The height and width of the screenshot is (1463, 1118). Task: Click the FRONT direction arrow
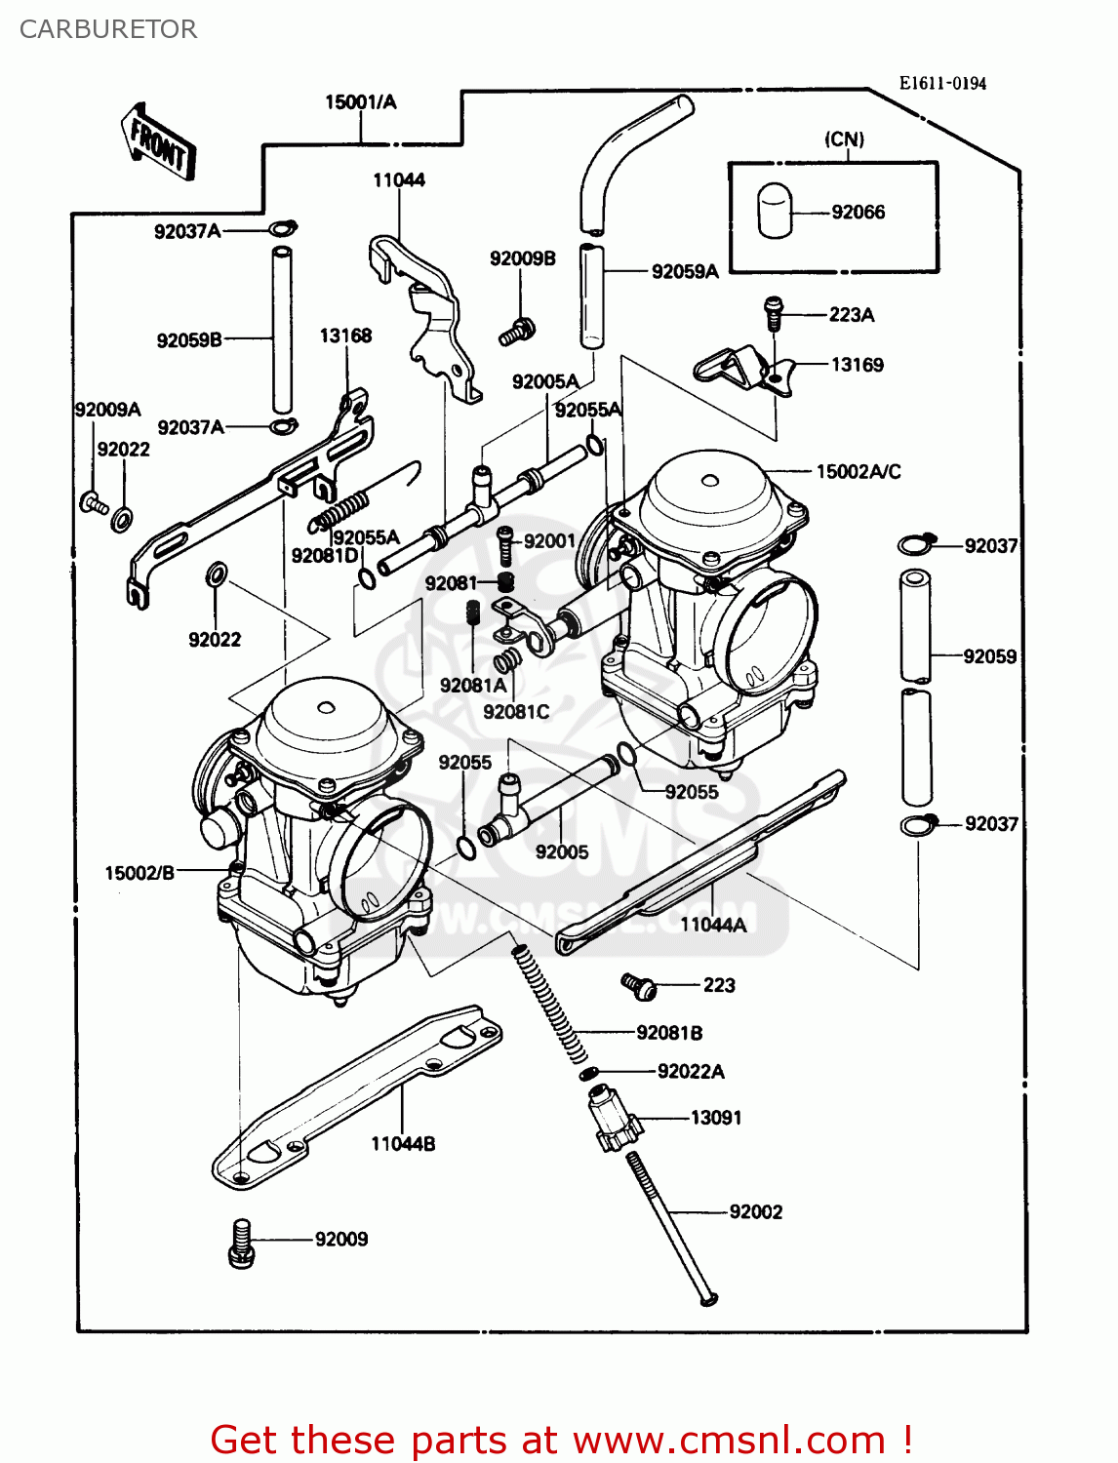tap(159, 143)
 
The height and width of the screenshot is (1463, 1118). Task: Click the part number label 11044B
tap(402, 1143)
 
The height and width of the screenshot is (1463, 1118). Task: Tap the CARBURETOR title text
tap(108, 29)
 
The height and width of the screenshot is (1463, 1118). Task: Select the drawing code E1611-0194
tap(941, 84)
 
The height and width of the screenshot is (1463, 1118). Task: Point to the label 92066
tap(858, 212)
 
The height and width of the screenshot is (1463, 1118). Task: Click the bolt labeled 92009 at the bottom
tap(241, 1244)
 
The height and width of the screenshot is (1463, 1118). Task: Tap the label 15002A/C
tap(858, 472)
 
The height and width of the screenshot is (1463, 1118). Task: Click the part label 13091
tap(715, 1118)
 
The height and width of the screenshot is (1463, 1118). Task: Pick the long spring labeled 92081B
tap(551, 1005)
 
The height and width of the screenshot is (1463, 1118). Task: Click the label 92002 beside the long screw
tap(755, 1211)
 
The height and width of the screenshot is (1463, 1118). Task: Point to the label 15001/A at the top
tap(360, 102)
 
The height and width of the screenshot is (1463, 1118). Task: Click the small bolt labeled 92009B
tap(517, 331)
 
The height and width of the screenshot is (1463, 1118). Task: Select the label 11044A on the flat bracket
tap(712, 925)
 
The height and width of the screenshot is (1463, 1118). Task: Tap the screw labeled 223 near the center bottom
tap(640, 986)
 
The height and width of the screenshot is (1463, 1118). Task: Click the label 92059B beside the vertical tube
tap(189, 340)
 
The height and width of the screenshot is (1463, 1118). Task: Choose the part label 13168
tap(345, 336)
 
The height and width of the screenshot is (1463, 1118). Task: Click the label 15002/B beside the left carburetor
tap(140, 873)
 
